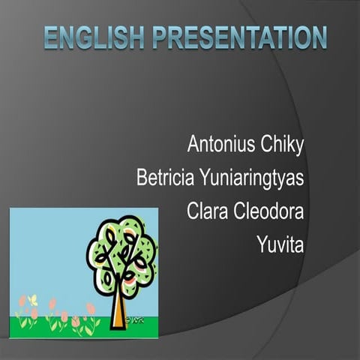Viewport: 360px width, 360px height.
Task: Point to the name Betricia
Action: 165,178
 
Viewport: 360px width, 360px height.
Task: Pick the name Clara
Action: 205,212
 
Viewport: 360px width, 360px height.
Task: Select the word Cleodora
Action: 268,212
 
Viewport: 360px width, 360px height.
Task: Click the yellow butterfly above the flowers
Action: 32,299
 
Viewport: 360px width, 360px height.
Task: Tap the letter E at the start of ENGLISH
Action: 50,37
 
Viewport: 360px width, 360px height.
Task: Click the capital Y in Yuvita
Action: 260,244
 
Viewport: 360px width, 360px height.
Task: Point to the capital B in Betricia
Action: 142,178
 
